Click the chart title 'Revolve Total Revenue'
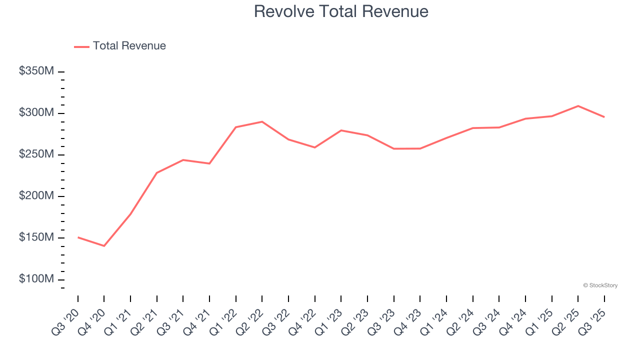tap(341, 11)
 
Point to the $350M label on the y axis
tap(36, 71)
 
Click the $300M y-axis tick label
tap(36, 113)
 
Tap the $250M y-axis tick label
tap(36, 154)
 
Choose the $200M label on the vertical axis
tap(36, 196)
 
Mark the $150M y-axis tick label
tap(36, 237)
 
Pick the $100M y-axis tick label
tap(36, 279)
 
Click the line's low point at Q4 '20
tap(104, 246)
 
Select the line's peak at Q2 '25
tap(578, 106)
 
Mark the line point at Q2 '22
tap(262, 121)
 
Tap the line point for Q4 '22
tap(314, 147)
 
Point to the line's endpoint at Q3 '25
tap(604, 117)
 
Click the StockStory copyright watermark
tap(600, 285)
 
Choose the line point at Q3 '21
tap(183, 160)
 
